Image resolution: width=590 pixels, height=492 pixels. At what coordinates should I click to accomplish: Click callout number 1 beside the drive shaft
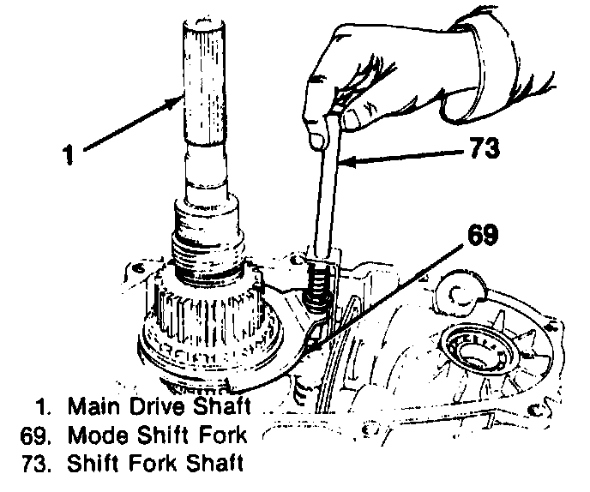(x=68, y=155)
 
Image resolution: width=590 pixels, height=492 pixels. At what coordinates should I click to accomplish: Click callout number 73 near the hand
(x=485, y=147)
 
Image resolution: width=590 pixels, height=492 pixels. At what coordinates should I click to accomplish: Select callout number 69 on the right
(x=483, y=235)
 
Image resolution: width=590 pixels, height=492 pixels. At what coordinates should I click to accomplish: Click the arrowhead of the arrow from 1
(x=176, y=100)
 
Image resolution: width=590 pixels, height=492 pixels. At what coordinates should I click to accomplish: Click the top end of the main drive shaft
(x=204, y=22)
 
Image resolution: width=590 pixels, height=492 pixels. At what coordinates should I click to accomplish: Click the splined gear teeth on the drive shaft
(x=211, y=314)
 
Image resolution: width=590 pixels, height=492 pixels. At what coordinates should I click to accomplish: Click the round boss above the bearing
(x=461, y=292)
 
